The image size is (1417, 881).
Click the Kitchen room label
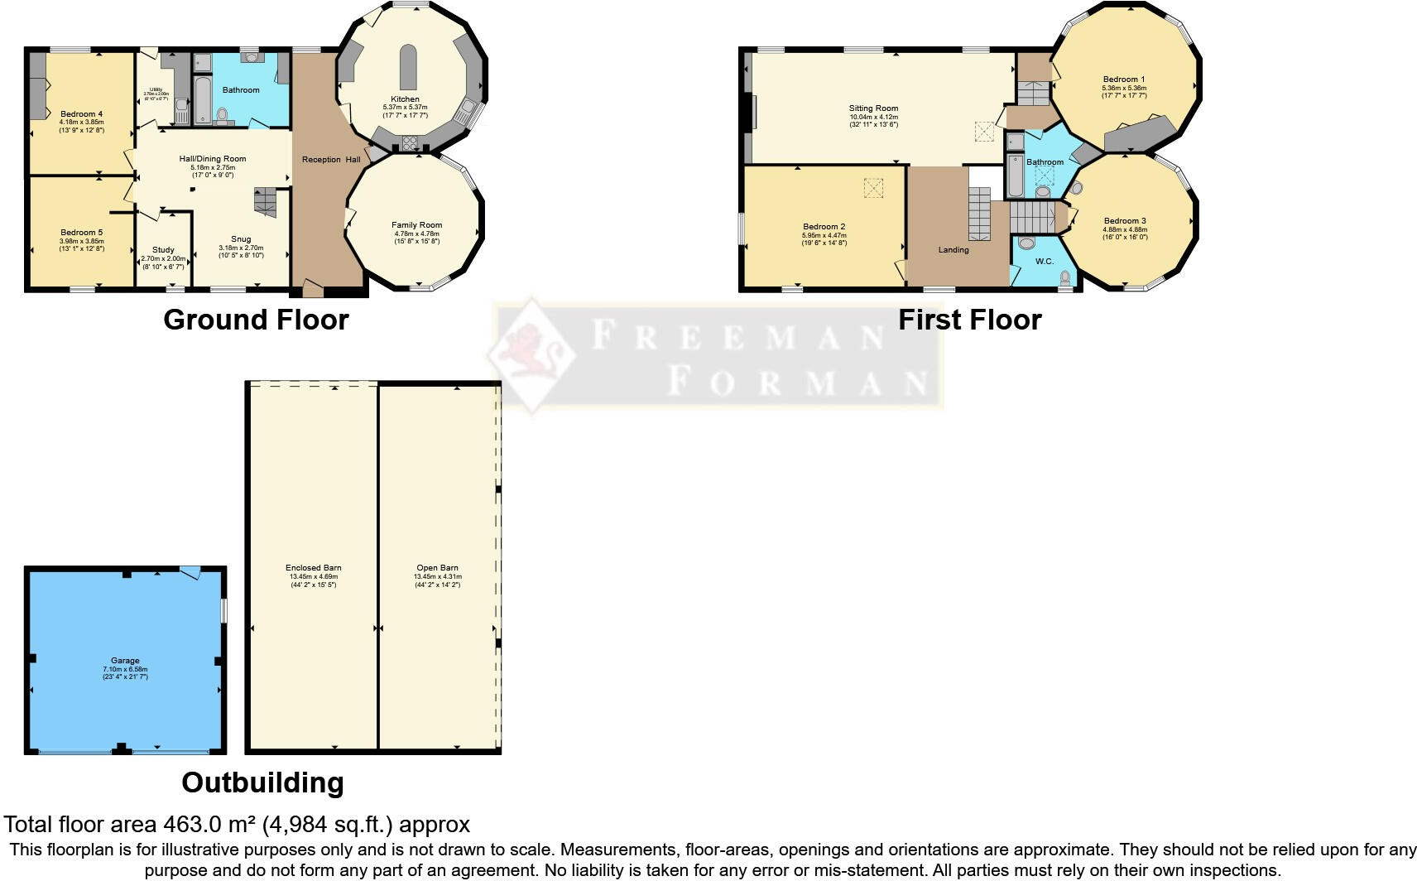point(405,99)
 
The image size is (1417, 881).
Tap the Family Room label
point(416,225)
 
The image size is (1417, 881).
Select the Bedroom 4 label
point(81,114)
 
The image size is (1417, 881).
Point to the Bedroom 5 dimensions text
point(81,245)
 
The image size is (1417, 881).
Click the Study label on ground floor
point(163,250)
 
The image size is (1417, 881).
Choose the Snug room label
point(240,239)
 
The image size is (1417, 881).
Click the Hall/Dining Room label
point(213,159)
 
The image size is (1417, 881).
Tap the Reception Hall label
point(330,160)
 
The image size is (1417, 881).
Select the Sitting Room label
point(873,108)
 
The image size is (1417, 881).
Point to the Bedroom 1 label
point(1123,79)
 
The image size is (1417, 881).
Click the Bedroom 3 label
point(1125,221)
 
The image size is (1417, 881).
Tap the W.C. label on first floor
point(1045,262)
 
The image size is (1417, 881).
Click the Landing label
point(953,250)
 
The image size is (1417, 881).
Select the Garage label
point(125,661)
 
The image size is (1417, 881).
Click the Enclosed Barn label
point(313,568)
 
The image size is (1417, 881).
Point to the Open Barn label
point(437,568)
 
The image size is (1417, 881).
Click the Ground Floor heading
point(256,320)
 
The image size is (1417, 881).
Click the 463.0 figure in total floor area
point(192,825)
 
